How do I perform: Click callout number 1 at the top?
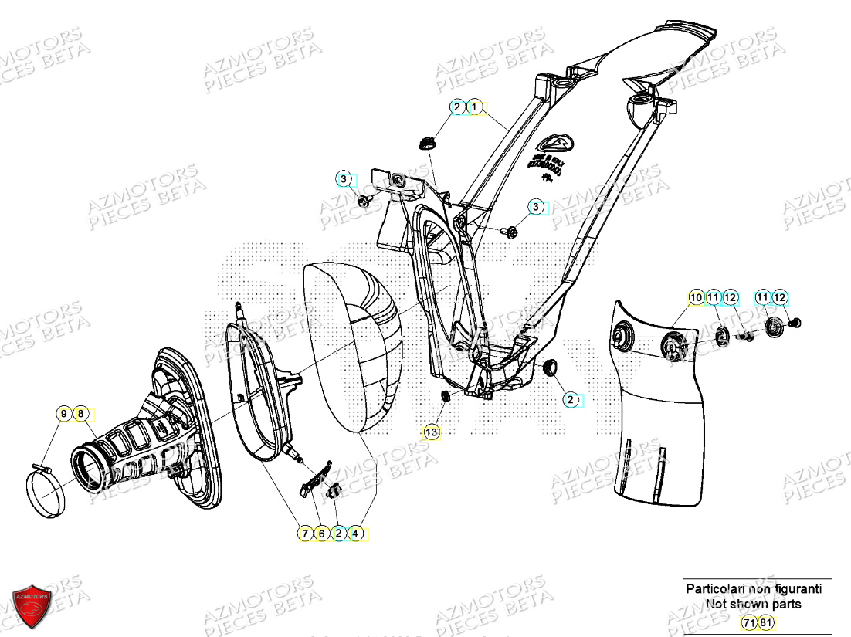(475, 107)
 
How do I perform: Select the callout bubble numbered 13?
(431, 432)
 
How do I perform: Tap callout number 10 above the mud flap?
(696, 297)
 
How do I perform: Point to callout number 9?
(63, 415)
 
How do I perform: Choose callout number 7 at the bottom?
(306, 533)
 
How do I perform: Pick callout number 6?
(322, 533)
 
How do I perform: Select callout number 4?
(355, 533)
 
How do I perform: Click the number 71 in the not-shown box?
(748, 622)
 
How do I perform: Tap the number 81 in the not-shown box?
(765, 622)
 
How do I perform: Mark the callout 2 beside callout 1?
(458, 107)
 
